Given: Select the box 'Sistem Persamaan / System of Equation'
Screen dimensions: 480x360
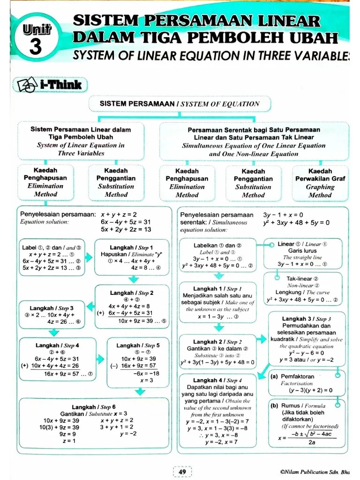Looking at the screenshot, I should point(179,104).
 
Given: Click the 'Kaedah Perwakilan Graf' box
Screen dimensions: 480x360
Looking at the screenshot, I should point(320,182).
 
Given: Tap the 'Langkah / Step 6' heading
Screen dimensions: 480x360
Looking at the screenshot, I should point(94,406).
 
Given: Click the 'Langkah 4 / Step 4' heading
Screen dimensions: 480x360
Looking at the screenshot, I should point(217,380).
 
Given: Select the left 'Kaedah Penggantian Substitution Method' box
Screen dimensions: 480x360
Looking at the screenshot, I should point(116,182).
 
